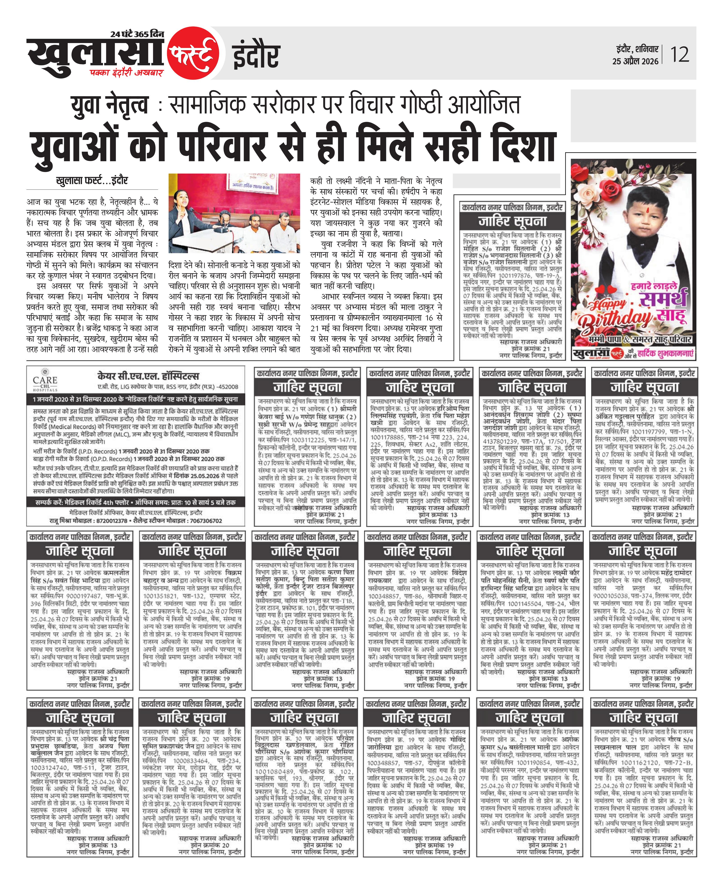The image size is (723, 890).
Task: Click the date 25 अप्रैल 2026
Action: [635, 61]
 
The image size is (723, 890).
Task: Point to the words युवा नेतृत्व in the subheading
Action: [109, 105]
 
